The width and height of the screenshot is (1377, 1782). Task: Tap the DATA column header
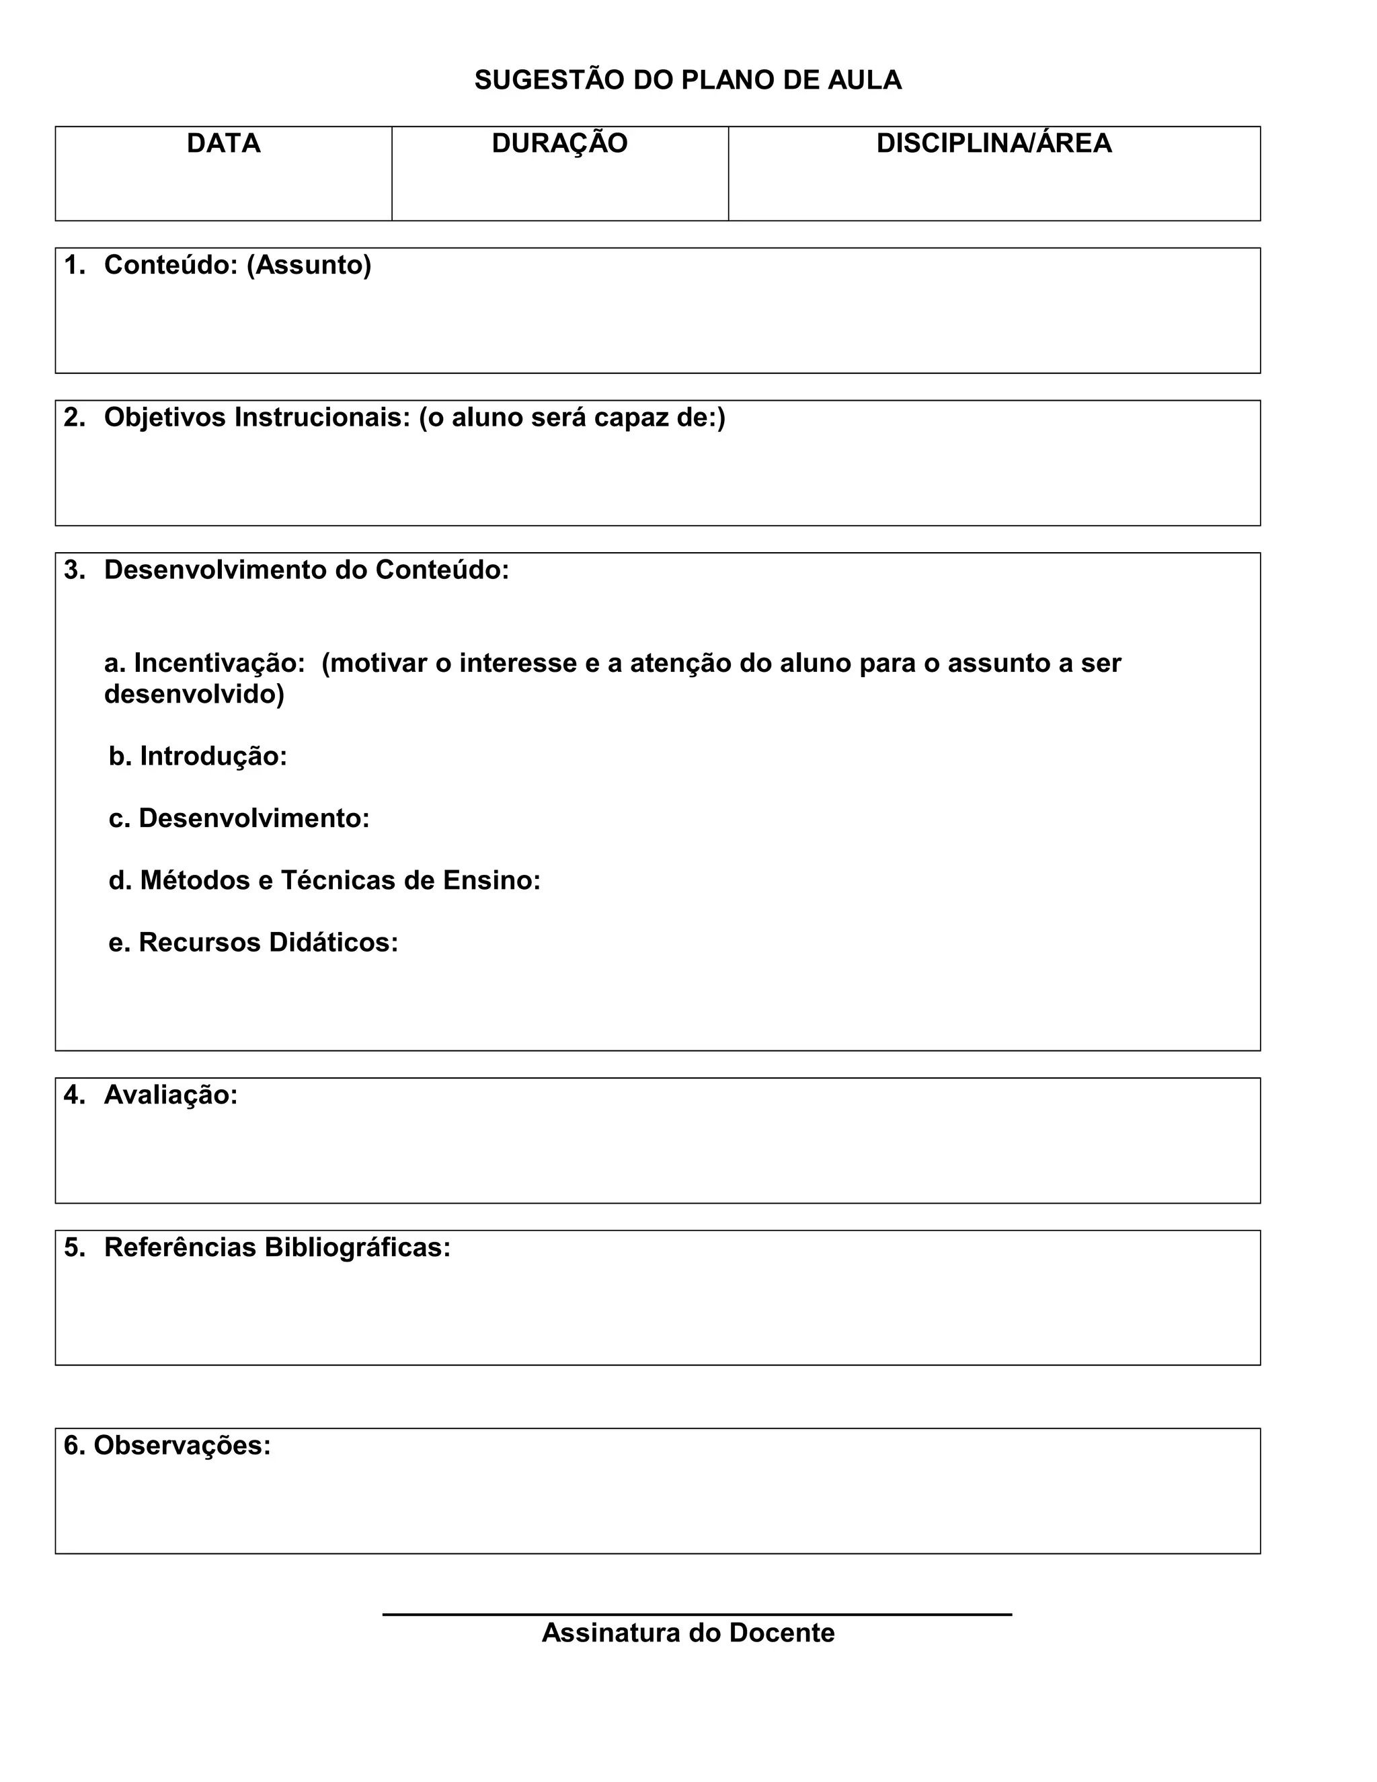tap(223, 144)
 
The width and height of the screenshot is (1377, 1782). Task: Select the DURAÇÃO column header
tap(559, 144)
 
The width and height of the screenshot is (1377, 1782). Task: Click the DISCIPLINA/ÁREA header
tap(994, 144)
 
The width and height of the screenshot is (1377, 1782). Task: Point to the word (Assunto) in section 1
tap(309, 265)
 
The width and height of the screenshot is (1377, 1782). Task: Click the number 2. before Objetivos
tap(74, 418)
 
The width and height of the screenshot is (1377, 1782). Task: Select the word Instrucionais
tap(322, 418)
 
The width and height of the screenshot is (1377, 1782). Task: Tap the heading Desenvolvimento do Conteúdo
tap(306, 570)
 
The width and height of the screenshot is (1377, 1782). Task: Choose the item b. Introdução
tap(198, 757)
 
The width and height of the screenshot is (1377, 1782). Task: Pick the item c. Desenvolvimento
tap(239, 818)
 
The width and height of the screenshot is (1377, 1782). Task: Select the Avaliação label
tap(171, 1095)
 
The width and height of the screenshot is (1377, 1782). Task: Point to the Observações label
tap(181, 1446)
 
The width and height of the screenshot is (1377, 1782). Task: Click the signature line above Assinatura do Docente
tap(697, 1614)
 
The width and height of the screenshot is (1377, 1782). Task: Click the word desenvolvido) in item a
tap(194, 695)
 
